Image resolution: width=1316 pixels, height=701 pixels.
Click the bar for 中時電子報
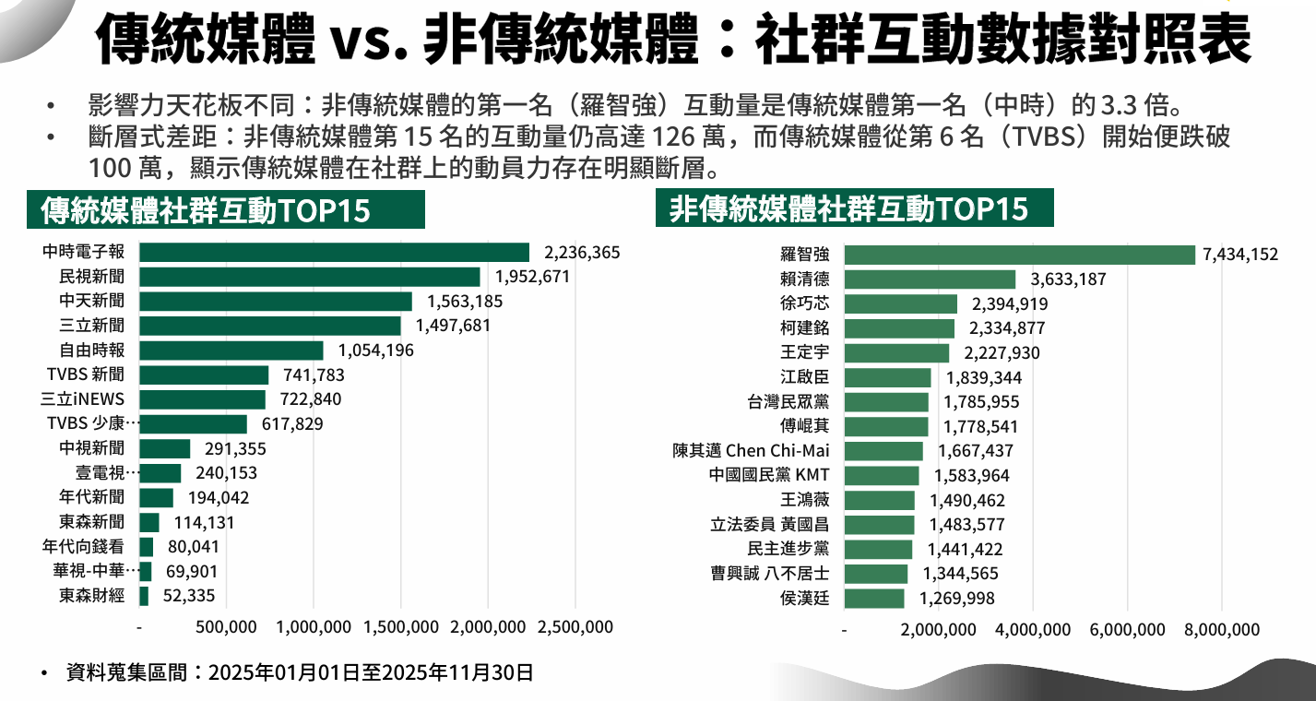click(334, 253)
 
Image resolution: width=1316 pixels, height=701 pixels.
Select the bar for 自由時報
click(231, 350)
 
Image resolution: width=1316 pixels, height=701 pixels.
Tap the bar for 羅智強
click(1020, 255)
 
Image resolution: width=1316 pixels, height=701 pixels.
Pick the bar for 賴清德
click(930, 279)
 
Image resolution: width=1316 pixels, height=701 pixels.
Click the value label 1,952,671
click(533, 277)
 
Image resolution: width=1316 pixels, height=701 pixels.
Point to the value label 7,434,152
click(1240, 255)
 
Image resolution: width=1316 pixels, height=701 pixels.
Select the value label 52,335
click(189, 596)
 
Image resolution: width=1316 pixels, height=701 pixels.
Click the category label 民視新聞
click(91, 277)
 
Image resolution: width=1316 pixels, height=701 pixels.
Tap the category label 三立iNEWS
click(83, 399)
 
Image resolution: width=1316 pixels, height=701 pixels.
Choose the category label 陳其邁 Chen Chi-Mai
click(751, 451)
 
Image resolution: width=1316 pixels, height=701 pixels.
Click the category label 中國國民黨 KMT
click(769, 476)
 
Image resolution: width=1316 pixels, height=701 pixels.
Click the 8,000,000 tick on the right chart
click(1220, 630)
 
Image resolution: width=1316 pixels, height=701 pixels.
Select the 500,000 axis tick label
click(227, 628)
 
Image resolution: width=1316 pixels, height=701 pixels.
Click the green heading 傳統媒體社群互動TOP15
click(206, 211)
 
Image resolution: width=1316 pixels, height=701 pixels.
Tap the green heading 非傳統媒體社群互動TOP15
click(848, 209)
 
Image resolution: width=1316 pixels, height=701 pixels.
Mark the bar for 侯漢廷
click(874, 599)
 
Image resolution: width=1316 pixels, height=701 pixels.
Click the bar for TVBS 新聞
click(204, 374)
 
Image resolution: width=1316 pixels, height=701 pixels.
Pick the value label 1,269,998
click(957, 599)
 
